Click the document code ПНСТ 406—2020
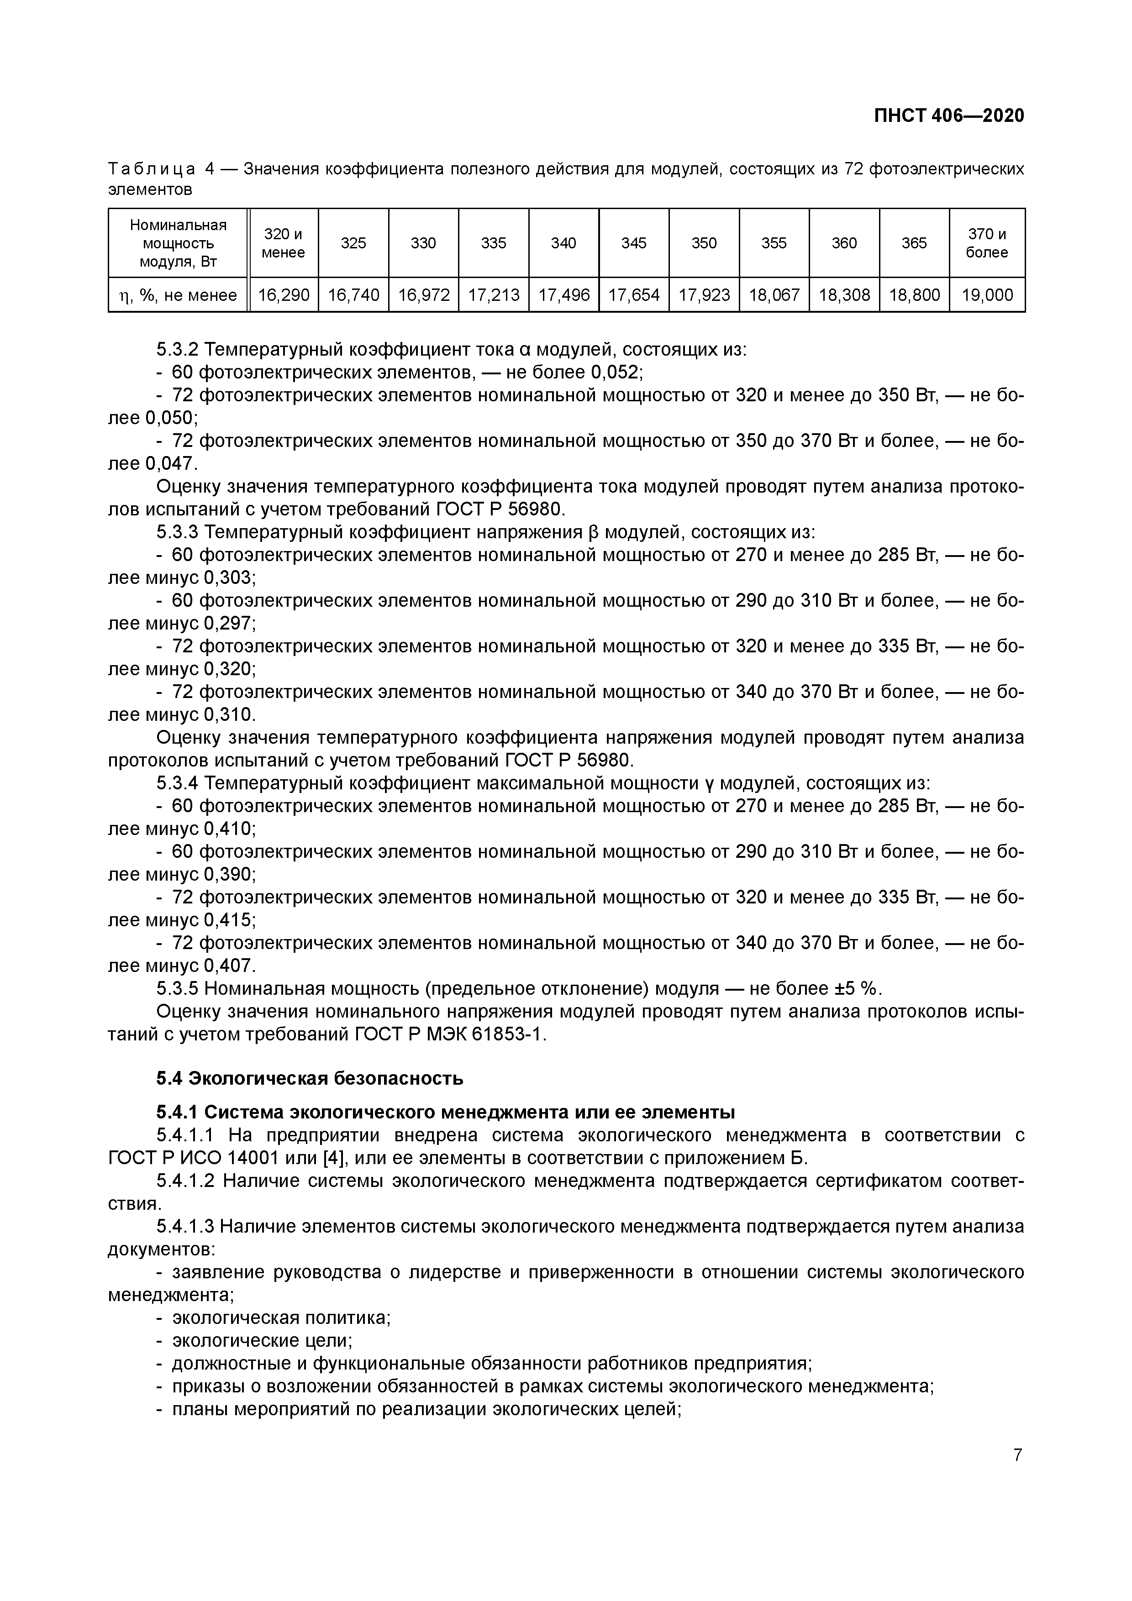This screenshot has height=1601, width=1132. coord(949,116)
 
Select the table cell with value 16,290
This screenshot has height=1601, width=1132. coord(283,295)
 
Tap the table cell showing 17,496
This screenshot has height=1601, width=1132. coord(563,295)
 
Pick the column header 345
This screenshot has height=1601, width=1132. coord(633,243)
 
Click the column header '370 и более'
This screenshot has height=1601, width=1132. coord(986,243)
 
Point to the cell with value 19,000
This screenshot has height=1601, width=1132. coord(986,295)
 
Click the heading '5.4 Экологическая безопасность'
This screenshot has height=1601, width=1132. coord(310,1079)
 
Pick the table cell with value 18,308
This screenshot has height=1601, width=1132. coord(844,295)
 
